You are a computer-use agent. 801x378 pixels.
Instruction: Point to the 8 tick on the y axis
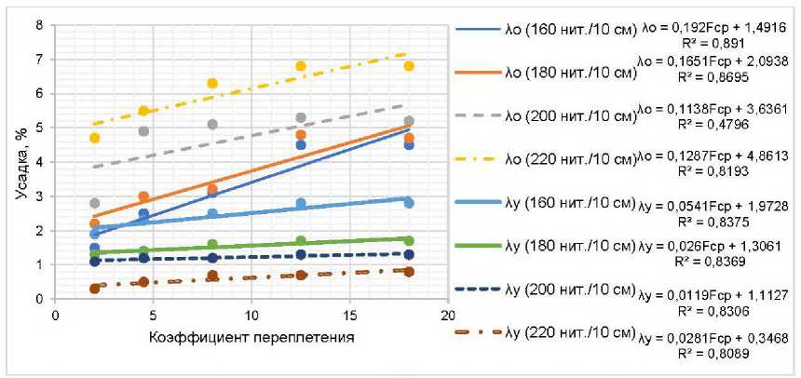click(x=38, y=25)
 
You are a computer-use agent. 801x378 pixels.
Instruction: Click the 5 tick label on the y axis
click(x=38, y=128)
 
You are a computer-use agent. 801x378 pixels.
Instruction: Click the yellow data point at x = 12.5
click(x=301, y=66)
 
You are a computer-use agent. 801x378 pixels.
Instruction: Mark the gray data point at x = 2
click(x=95, y=203)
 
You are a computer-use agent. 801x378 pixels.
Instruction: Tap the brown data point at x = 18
click(x=409, y=272)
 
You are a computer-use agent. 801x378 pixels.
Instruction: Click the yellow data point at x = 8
click(x=212, y=84)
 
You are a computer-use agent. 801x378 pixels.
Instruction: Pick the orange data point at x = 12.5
click(x=301, y=135)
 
